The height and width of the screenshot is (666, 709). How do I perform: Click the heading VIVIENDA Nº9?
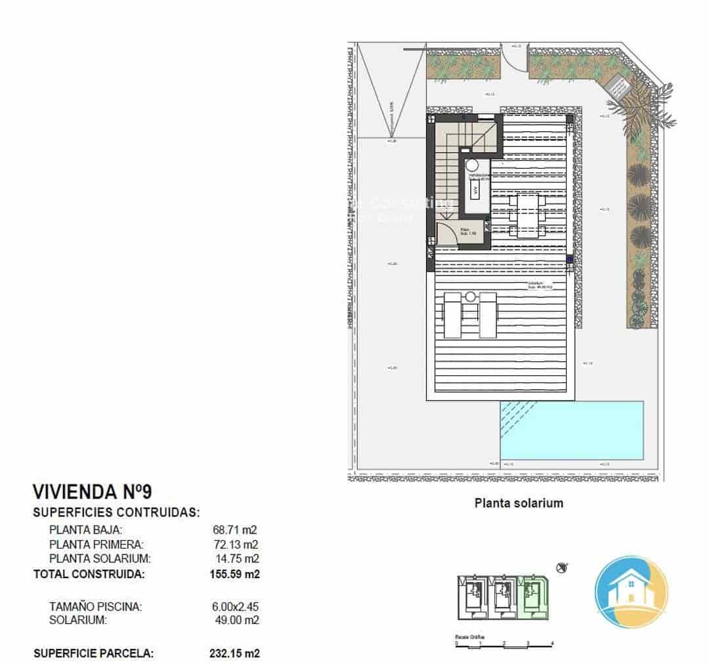coord(93,492)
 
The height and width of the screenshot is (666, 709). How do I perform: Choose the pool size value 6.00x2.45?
coord(231,607)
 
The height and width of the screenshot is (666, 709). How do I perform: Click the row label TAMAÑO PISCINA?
coord(96,607)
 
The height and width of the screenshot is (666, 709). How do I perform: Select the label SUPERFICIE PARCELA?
coord(93,654)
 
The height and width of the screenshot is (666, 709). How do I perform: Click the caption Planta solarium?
coord(519,503)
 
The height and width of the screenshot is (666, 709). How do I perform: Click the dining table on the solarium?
coord(528,215)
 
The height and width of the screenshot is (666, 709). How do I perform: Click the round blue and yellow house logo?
coord(631,591)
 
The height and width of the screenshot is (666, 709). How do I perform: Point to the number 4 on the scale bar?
coord(553,644)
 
